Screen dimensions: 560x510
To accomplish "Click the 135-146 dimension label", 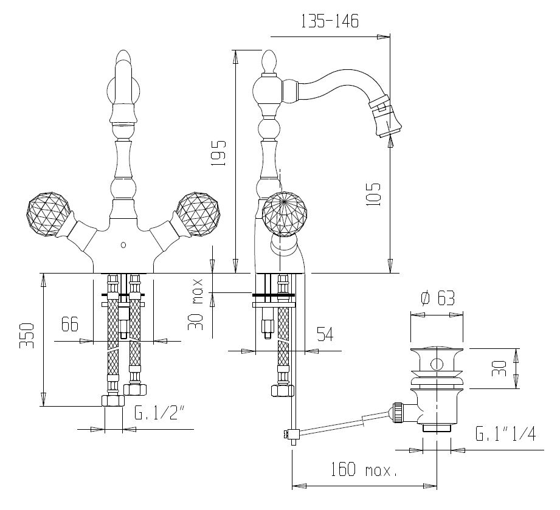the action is (330, 21).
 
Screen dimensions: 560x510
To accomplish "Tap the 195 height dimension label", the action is (218, 153).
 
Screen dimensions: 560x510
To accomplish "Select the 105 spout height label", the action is (373, 195).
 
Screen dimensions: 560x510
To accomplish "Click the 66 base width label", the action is (70, 324).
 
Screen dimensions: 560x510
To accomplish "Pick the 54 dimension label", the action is (325, 334).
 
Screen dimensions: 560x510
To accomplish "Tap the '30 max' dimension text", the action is (196, 305).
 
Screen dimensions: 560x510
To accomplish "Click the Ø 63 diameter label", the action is (438, 298).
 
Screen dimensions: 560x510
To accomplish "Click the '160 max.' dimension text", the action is (363, 470).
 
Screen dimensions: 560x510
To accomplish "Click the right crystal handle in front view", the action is (198, 215).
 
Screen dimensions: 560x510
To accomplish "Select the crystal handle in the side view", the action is (284, 214).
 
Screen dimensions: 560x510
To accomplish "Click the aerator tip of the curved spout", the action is (387, 120).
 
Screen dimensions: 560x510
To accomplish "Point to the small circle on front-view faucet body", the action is (123, 245).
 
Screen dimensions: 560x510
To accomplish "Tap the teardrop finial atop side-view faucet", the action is (269, 61).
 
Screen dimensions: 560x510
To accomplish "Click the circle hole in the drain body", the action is (437, 365).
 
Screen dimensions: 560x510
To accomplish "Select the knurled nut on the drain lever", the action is (398, 413).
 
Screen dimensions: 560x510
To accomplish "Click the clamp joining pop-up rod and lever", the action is (291, 434).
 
